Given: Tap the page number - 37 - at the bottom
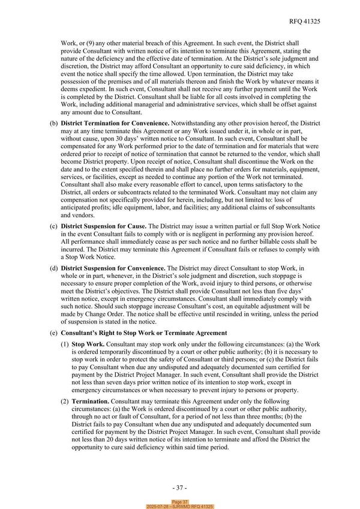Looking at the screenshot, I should tap(180, 487).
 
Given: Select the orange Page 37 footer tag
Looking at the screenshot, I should tap(180, 502).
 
